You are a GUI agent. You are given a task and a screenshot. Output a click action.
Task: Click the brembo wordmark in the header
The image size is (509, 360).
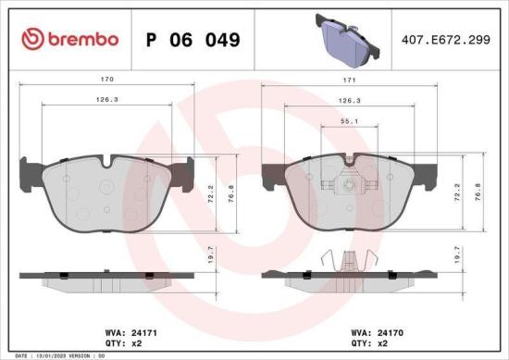(81, 40)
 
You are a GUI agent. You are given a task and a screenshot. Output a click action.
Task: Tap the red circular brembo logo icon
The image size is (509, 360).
(32, 40)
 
